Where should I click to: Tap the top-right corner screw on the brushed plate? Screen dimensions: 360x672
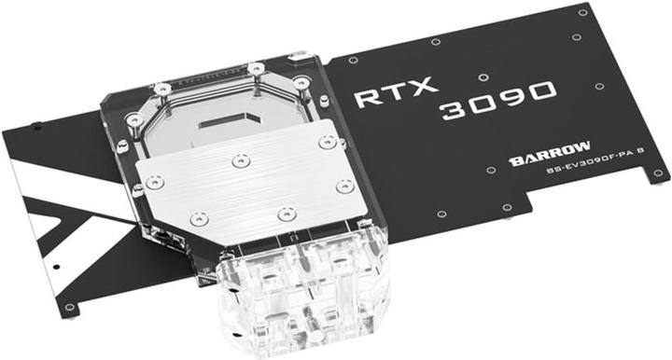tap(326, 143)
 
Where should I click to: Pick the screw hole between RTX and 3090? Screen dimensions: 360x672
tap(480, 77)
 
